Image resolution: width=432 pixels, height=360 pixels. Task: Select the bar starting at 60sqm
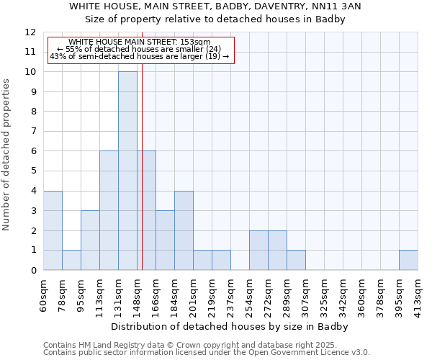pos(53,230)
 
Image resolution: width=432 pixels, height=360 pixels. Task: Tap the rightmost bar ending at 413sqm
pos(408,260)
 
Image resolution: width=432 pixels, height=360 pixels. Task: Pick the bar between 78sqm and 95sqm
pos(71,260)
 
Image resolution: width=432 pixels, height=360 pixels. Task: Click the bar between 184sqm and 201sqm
pos(184,230)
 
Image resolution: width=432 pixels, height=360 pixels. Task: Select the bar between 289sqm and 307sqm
pos(296,260)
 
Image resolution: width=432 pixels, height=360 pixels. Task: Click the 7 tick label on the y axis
pos(33,132)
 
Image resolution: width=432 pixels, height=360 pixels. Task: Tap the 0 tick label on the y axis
pos(33,271)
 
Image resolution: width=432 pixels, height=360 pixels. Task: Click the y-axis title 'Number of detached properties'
pos(7,155)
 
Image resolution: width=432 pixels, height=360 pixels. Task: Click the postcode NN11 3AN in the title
pos(336,6)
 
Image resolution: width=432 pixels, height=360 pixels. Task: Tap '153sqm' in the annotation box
pos(194,42)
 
